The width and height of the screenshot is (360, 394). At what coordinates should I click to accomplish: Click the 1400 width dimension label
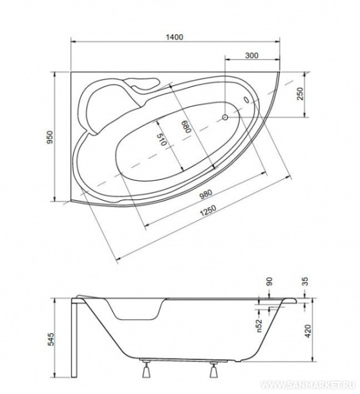pos(175,37)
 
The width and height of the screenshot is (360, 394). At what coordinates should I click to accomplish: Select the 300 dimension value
pos(251,55)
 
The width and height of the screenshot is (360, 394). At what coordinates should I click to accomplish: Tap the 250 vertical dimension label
pos(300,94)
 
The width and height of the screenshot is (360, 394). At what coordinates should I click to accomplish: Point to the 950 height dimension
pos(50,137)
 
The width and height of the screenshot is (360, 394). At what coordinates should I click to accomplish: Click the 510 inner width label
pos(162,140)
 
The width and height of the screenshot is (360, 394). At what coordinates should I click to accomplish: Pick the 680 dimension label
pos(187,125)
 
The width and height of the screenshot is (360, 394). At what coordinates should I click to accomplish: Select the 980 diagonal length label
pos(206,194)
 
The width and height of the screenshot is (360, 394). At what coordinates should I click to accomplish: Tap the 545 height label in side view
pos(51,339)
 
